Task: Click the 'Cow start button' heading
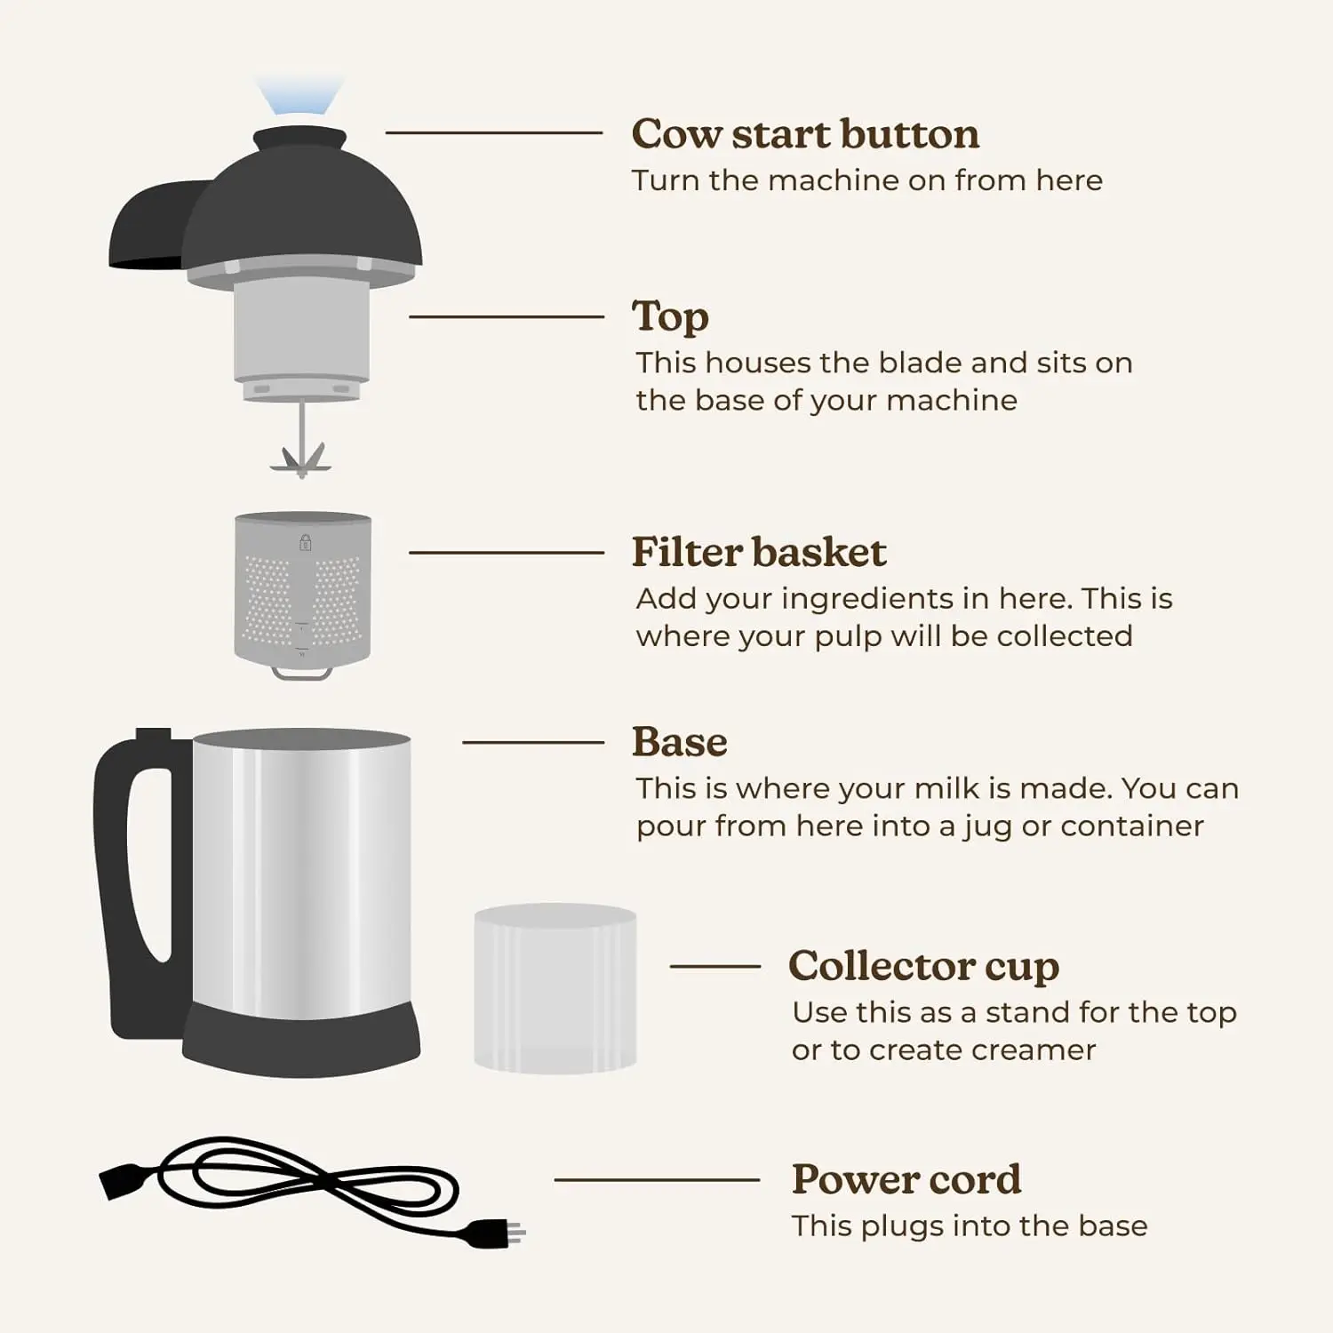(x=805, y=134)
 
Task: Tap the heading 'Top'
(x=670, y=317)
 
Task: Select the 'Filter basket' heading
(x=758, y=552)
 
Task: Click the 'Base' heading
(x=679, y=742)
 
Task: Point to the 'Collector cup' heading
(x=923, y=966)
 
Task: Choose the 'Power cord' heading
(x=906, y=1179)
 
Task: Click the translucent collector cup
(x=555, y=988)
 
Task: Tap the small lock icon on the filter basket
(x=305, y=542)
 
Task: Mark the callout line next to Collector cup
(x=714, y=966)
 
